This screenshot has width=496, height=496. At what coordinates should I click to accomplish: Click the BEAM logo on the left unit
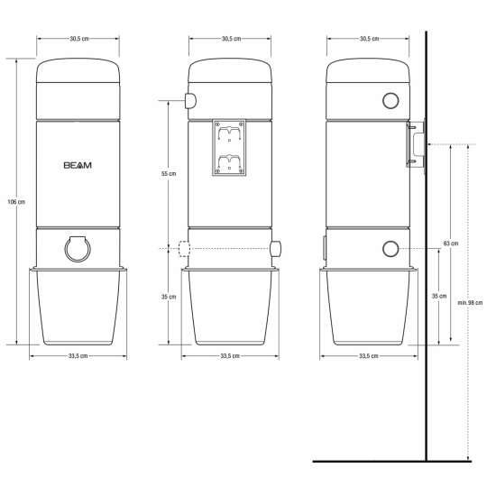tap(78, 166)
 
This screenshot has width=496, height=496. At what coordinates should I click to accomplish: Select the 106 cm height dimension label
tap(14, 201)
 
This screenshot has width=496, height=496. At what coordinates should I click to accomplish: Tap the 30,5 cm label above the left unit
tap(78, 39)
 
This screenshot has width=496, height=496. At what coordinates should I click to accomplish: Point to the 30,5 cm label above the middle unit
tap(230, 39)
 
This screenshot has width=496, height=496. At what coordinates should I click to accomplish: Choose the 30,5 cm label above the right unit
tap(368, 39)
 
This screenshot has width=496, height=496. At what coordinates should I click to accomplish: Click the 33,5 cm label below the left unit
tap(78, 356)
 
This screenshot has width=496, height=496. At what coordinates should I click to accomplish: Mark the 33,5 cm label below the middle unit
tap(230, 356)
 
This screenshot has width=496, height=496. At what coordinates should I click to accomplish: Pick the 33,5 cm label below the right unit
tap(368, 356)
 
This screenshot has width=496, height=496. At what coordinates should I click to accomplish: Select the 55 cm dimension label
tap(168, 173)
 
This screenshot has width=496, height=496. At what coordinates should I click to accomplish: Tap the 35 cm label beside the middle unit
tap(168, 296)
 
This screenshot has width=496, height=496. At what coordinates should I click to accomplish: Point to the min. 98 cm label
tap(470, 302)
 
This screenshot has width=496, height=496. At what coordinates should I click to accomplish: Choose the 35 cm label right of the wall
tap(438, 295)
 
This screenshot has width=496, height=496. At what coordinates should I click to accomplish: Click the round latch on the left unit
tap(78, 248)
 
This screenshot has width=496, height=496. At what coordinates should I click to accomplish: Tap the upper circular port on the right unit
tap(390, 101)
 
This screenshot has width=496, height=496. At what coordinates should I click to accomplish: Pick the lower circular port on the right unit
tap(390, 249)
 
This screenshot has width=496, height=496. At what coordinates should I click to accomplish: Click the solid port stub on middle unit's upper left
tap(190, 101)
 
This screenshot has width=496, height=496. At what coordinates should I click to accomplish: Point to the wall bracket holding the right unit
tap(414, 145)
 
